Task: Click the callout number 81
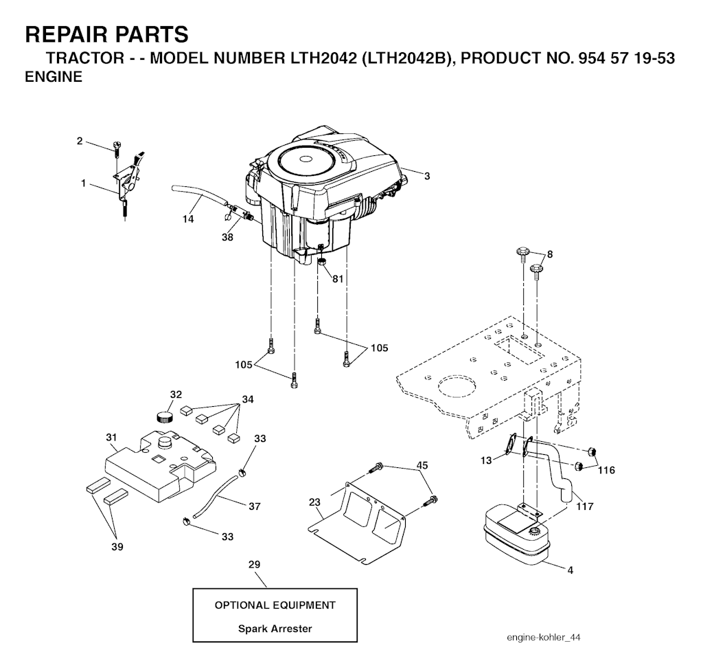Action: pyautogui.click(x=338, y=279)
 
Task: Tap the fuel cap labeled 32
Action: pyautogui.click(x=165, y=416)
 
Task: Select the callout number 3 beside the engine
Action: pyautogui.click(x=427, y=177)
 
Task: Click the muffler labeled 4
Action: pyautogui.click(x=516, y=535)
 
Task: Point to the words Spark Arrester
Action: pyautogui.click(x=275, y=628)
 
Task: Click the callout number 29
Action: pyautogui.click(x=254, y=564)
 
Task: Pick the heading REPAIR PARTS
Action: pyautogui.click(x=106, y=34)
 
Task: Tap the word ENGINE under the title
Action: pyautogui.click(x=54, y=77)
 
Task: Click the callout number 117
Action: pyautogui.click(x=585, y=506)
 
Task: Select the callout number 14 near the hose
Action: pyautogui.click(x=188, y=219)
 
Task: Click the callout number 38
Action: pyautogui.click(x=227, y=237)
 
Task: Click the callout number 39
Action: pyautogui.click(x=117, y=546)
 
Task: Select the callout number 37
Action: pyautogui.click(x=255, y=506)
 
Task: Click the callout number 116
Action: pyautogui.click(x=606, y=470)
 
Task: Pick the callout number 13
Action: pyautogui.click(x=486, y=460)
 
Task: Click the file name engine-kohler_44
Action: pyautogui.click(x=544, y=638)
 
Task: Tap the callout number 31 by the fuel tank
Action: pyautogui.click(x=111, y=437)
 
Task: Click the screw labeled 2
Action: pyautogui.click(x=115, y=149)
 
